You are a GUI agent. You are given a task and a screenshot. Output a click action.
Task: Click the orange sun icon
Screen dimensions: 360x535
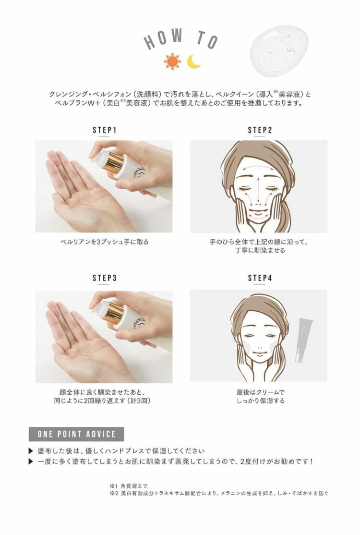(172, 61)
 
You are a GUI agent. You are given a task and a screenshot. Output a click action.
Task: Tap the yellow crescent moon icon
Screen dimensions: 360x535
(194, 62)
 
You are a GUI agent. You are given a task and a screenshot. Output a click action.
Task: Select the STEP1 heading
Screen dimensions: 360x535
(105, 130)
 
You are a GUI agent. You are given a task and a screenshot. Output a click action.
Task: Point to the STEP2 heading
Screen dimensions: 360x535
(260, 130)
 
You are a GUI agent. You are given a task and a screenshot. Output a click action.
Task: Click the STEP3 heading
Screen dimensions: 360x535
(105, 278)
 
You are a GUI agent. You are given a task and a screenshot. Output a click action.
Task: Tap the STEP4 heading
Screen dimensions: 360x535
(260, 278)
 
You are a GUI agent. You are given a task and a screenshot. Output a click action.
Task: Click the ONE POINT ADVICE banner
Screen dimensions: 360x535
(76, 434)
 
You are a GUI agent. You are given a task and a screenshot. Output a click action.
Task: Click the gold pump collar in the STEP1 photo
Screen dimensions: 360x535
(115, 165)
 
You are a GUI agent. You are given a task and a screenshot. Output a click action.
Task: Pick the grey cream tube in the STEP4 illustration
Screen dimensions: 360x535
(303, 340)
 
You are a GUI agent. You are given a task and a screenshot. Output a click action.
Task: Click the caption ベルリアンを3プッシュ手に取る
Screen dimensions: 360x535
(104, 242)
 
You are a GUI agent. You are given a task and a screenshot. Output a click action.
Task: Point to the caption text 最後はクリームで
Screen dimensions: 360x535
(261, 392)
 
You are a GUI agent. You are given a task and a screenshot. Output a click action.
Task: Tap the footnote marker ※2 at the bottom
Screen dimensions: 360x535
(114, 493)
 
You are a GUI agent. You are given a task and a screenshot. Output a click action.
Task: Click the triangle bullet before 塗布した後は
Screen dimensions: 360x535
(31, 451)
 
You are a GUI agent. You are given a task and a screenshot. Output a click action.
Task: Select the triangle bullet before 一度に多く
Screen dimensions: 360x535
(31, 462)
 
